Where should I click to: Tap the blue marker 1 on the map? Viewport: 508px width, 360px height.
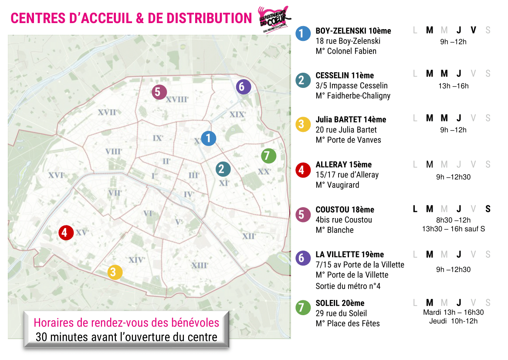tap(209, 138)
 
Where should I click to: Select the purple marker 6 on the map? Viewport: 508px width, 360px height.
tap(242, 87)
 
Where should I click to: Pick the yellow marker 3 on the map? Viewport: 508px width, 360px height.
tap(115, 272)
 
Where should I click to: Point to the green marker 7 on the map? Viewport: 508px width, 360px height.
tap(268, 155)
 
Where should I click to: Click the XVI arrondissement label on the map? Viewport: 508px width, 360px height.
tap(57, 175)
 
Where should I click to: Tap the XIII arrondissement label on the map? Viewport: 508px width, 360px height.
tap(200, 265)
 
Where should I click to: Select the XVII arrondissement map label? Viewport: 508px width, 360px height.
tap(107, 112)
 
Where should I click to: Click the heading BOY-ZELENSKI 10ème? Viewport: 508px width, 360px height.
tap(353, 31)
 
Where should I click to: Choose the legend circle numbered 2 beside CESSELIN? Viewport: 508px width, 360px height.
tap(302, 80)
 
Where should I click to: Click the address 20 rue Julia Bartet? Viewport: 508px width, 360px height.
tap(346, 130)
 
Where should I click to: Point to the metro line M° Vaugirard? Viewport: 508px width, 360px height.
tap(338, 185)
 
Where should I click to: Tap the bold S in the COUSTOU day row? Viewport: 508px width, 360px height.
tap(488, 209)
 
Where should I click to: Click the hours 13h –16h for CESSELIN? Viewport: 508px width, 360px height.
tap(453, 86)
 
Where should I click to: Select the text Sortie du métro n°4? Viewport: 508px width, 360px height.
tap(348, 286)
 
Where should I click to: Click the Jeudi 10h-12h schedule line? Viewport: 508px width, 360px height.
tap(453, 321)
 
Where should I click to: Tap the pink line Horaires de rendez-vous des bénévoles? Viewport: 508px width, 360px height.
tap(126, 323)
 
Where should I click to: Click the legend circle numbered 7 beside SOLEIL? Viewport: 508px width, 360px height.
tap(302, 308)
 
